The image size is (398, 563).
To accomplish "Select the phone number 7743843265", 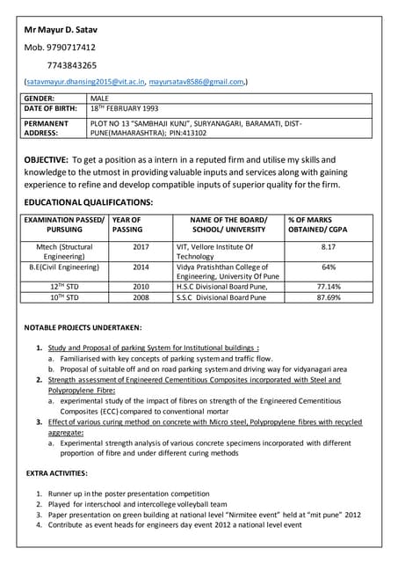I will point(72,65).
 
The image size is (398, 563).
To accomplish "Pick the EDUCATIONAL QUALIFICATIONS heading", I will point(89,202).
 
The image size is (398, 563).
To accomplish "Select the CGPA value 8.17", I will point(328,248).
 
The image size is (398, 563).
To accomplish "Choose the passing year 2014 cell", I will point(141,267).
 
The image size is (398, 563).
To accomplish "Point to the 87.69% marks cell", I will point(328,298).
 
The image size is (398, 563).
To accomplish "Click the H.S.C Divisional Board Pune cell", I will point(222,287).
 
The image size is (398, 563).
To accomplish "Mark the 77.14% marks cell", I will point(328,287).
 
